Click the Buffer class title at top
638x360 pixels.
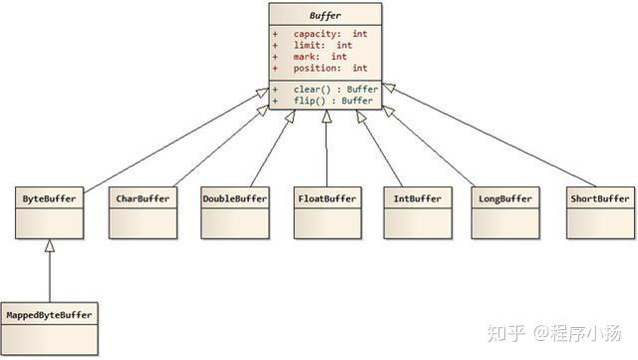(x=325, y=16)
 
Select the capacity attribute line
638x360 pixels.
(x=320, y=34)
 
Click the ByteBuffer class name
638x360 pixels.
(x=49, y=198)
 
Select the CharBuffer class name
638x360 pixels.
(x=143, y=198)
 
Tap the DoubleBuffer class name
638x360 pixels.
(x=235, y=198)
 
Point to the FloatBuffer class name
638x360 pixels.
(x=327, y=198)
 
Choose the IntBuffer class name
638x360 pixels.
(x=418, y=198)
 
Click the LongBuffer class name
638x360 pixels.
(x=505, y=198)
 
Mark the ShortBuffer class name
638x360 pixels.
(x=600, y=198)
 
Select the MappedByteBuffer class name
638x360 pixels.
(x=49, y=315)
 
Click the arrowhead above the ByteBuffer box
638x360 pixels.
(x=50, y=245)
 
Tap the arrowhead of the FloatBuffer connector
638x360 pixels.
(x=326, y=117)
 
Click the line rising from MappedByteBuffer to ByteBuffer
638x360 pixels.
(x=50, y=277)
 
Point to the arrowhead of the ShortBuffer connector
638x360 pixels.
(x=389, y=87)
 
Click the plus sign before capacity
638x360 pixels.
(x=275, y=34)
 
